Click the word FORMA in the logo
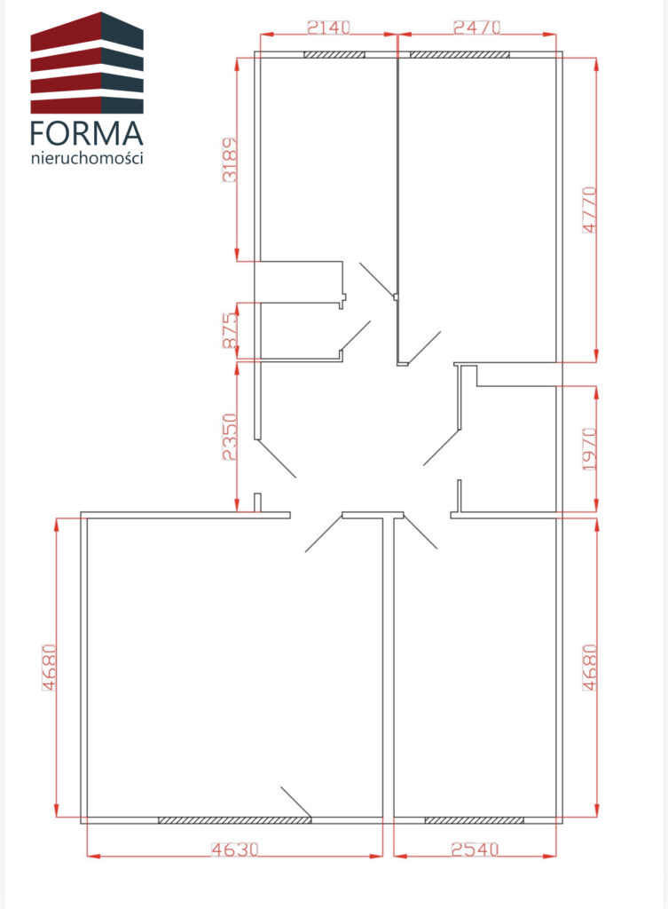point(86,133)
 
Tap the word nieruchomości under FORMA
point(87,158)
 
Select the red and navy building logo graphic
point(87,63)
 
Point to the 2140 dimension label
point(328,28)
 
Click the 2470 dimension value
point(476,28)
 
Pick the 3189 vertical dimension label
point(230,160)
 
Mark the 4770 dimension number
point(589,209)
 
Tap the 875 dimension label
point(230,330)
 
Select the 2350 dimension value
point(230,437)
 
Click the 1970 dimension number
point(589,449)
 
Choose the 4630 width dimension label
point(234,850)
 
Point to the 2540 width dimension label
point(475,850)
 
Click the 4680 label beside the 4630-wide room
point(50,668)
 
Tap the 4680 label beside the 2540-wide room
point(589,668)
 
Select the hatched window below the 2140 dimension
point(334,55)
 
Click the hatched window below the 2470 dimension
point(460,55)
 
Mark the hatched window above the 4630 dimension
point(234,820)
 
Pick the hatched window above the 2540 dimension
point(474,820)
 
